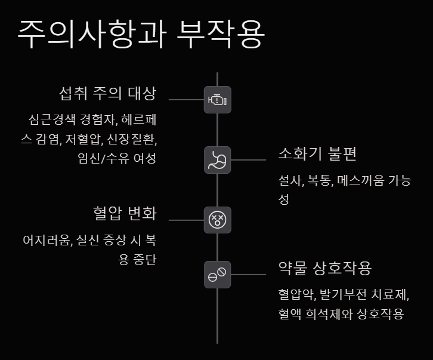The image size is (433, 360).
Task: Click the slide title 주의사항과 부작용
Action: coord(141,35)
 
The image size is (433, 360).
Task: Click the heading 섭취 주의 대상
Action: coord(107,94)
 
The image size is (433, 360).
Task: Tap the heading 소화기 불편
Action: coord(317,154)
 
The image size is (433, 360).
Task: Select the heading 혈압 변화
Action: coord(125,213)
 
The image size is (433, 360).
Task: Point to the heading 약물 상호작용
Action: coord(325,268)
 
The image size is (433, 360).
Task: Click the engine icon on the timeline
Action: coord(217,100)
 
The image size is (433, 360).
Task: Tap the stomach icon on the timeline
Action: coord(217,160)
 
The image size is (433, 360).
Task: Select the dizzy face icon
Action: coord(217,220)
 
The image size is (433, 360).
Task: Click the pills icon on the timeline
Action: coord(217,275)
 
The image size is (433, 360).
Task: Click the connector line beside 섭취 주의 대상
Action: coord(186,100)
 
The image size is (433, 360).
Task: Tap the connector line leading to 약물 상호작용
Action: coord(248,275)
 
